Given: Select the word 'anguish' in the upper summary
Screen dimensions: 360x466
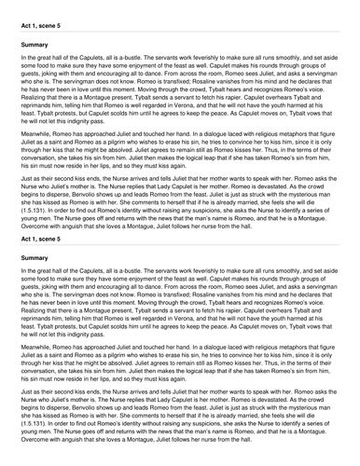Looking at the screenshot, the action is click(72, 226).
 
